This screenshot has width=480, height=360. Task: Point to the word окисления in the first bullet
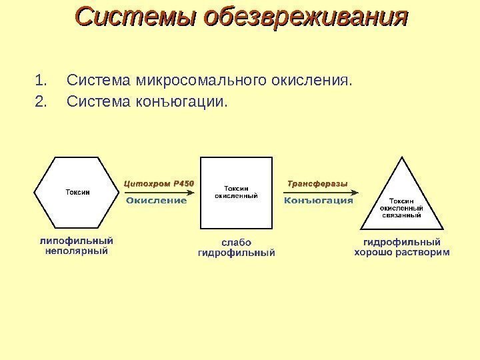click(311, 82)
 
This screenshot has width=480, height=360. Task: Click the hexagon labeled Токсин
click(77, 192)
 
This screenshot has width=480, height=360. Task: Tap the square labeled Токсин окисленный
click(237, 192)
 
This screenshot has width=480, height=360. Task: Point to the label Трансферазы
click(317, 183)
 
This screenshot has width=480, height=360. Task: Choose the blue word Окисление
click(157, 200)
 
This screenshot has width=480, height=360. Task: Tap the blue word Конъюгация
click(319, 200)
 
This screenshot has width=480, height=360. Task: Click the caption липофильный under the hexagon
click(77, 241)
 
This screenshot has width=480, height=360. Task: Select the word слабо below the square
click(237, 242)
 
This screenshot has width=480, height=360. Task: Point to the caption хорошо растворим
click(401, 252)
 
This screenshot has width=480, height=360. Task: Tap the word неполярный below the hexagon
click(77, 251)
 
